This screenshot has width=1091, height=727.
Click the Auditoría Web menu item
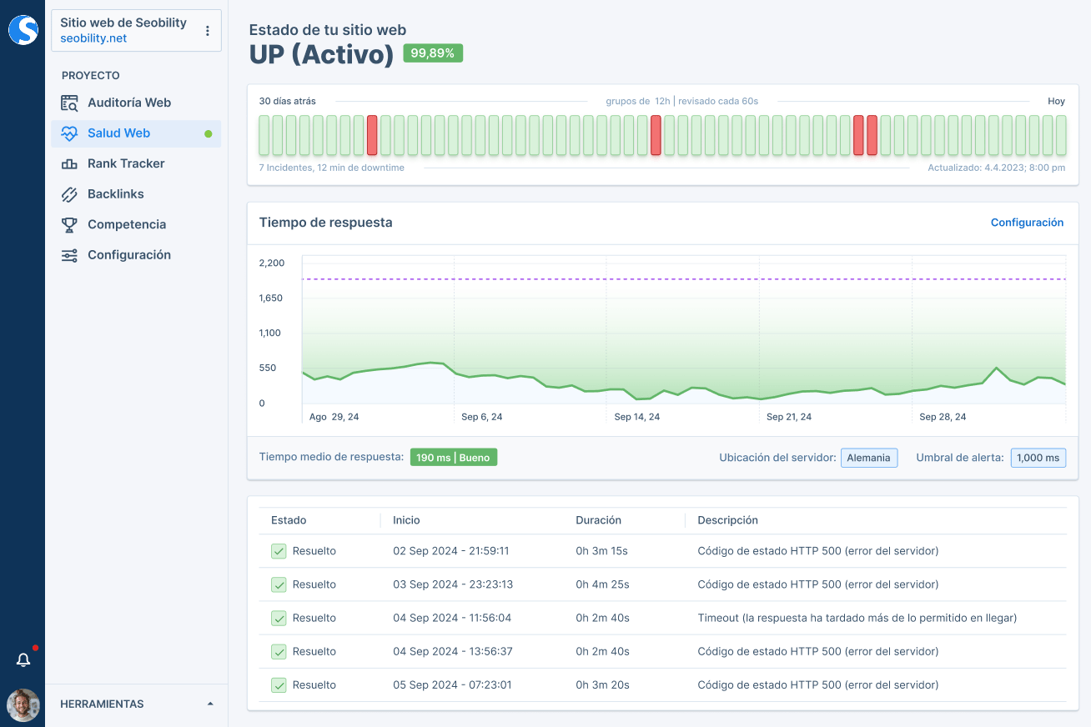click(128, 103)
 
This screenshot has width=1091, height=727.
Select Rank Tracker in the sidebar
click(126, 163)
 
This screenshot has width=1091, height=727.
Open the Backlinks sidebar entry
click(115, 194)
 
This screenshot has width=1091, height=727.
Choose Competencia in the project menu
click(126, 224)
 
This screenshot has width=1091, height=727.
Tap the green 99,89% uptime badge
click(432, 53)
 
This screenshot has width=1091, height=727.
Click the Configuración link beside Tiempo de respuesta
click(1027, 223)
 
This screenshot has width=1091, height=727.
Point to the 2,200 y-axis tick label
click(272, 263)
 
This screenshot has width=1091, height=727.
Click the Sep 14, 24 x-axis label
click(636, 417)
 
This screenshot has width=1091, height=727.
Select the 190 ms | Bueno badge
click(453, 458)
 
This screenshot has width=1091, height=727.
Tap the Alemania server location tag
click(868, 458)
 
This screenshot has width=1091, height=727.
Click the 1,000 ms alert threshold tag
click(1038, 458)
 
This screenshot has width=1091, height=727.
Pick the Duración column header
click(598, 520)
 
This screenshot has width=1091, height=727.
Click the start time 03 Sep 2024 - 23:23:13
click(453, 584)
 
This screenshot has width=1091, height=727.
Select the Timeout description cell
click(857, 618)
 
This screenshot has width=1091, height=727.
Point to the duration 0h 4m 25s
click(602, 584)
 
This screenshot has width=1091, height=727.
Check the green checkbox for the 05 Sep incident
click(279, 685)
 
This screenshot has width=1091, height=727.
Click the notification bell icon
click(23, 660)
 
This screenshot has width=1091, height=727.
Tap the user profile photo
click(23, 705)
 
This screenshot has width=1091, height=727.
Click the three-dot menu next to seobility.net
click(208, 31)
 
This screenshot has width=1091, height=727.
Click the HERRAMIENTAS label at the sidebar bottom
click(102, 704)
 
